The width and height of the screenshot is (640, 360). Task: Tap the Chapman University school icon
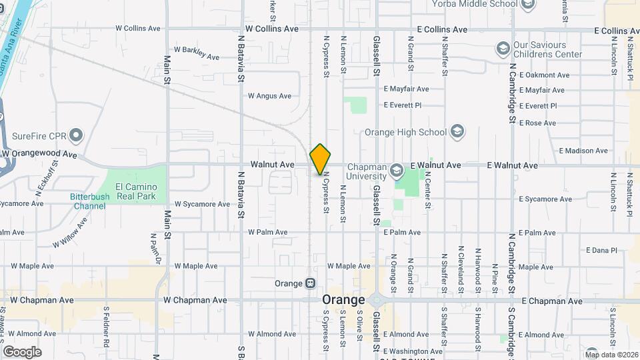(397, 170)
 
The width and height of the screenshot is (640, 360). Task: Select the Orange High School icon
(457, 131)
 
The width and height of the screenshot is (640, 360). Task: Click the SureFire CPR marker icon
(76, 136)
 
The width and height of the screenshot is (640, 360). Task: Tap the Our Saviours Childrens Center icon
(503, 49)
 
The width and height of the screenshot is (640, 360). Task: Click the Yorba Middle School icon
(528, 5)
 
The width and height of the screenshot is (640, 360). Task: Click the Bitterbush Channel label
(88, 201)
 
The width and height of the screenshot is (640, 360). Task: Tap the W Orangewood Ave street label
(39, 154)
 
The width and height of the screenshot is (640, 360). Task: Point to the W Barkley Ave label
(196, 53)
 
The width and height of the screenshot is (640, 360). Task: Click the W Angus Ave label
(269, 96)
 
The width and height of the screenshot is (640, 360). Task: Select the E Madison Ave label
(583, 151)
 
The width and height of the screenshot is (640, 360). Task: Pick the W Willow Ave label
(70, 233)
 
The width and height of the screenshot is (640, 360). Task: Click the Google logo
(22, 351)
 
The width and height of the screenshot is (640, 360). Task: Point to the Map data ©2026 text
(610, 354)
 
